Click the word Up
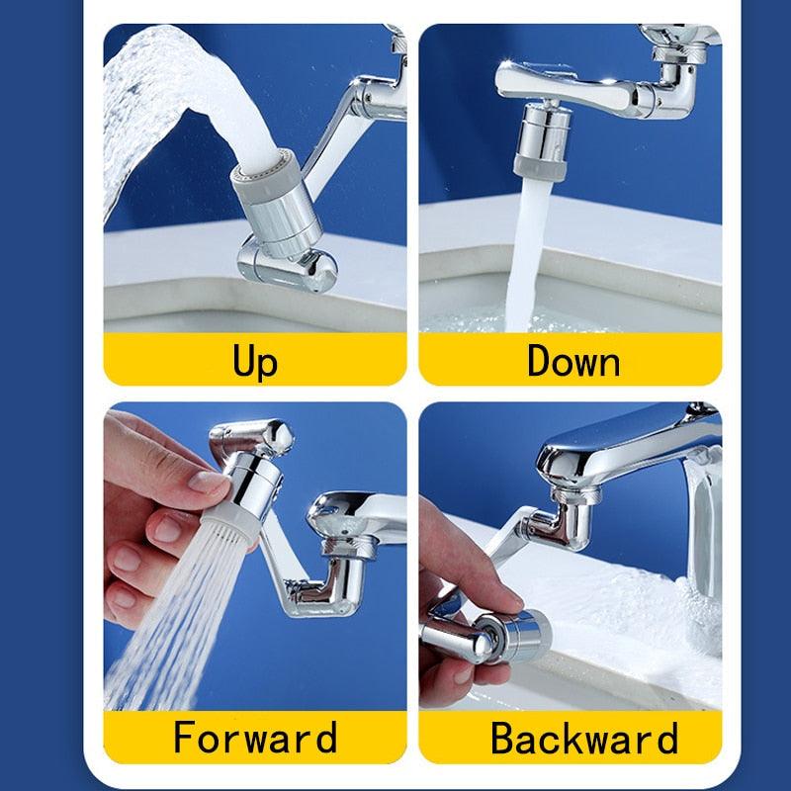click(x=255, y=360)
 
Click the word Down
click(x=572, y=360)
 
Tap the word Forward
click(x=255, y=738)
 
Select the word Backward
click(x=584, y=738)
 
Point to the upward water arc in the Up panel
click(x=158, y=89)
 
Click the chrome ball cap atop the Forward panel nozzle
click(x=277, y=434)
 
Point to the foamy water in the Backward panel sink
click(x=633, y=613)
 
